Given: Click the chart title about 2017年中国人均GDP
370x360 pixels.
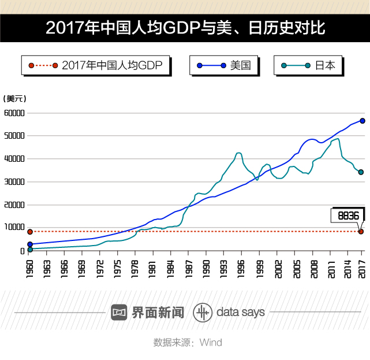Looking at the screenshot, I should (x=185, y=27).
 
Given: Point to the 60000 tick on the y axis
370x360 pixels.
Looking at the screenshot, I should (x=14, y=113).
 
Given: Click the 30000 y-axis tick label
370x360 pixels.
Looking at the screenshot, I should (x=14, y=182).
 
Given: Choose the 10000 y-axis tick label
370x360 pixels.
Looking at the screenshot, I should (x=14, y=228).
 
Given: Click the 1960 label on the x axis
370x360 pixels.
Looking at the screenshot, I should (x=30, y=269).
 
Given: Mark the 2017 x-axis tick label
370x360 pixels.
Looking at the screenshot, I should (x=362, y=269).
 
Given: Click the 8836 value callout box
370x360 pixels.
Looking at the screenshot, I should (x=348, y=216).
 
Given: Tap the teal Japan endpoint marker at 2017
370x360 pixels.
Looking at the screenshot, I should (x=361, y=172).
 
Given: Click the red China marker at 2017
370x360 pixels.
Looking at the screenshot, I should (x=361, y=232).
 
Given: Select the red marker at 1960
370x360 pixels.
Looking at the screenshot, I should (x=30, y=232).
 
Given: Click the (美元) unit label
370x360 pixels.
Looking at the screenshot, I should (x=15, y=99).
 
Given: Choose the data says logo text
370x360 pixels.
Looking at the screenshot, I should (x=240, y=313).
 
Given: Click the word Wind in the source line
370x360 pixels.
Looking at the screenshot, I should (x=211, y=343).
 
